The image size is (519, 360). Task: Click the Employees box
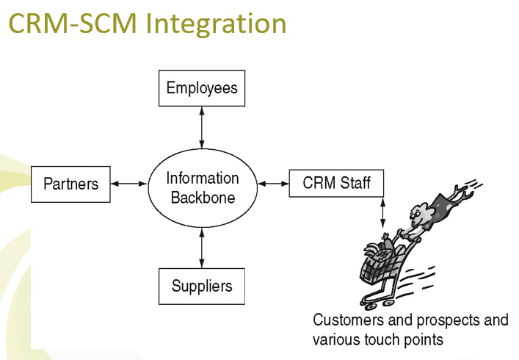click(x=202, y=89)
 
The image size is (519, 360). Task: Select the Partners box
click(x=70, y=184)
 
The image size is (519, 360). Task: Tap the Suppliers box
click(x=201, y=286)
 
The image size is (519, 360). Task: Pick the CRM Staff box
click(x=337, y=182)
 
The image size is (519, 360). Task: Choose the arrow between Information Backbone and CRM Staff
click(x=274, y=182)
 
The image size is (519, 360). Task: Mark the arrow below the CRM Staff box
click(x=382, y=213)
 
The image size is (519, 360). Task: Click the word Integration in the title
click(x=216, y=24)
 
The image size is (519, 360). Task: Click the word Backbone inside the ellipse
click(x=202, y=198)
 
